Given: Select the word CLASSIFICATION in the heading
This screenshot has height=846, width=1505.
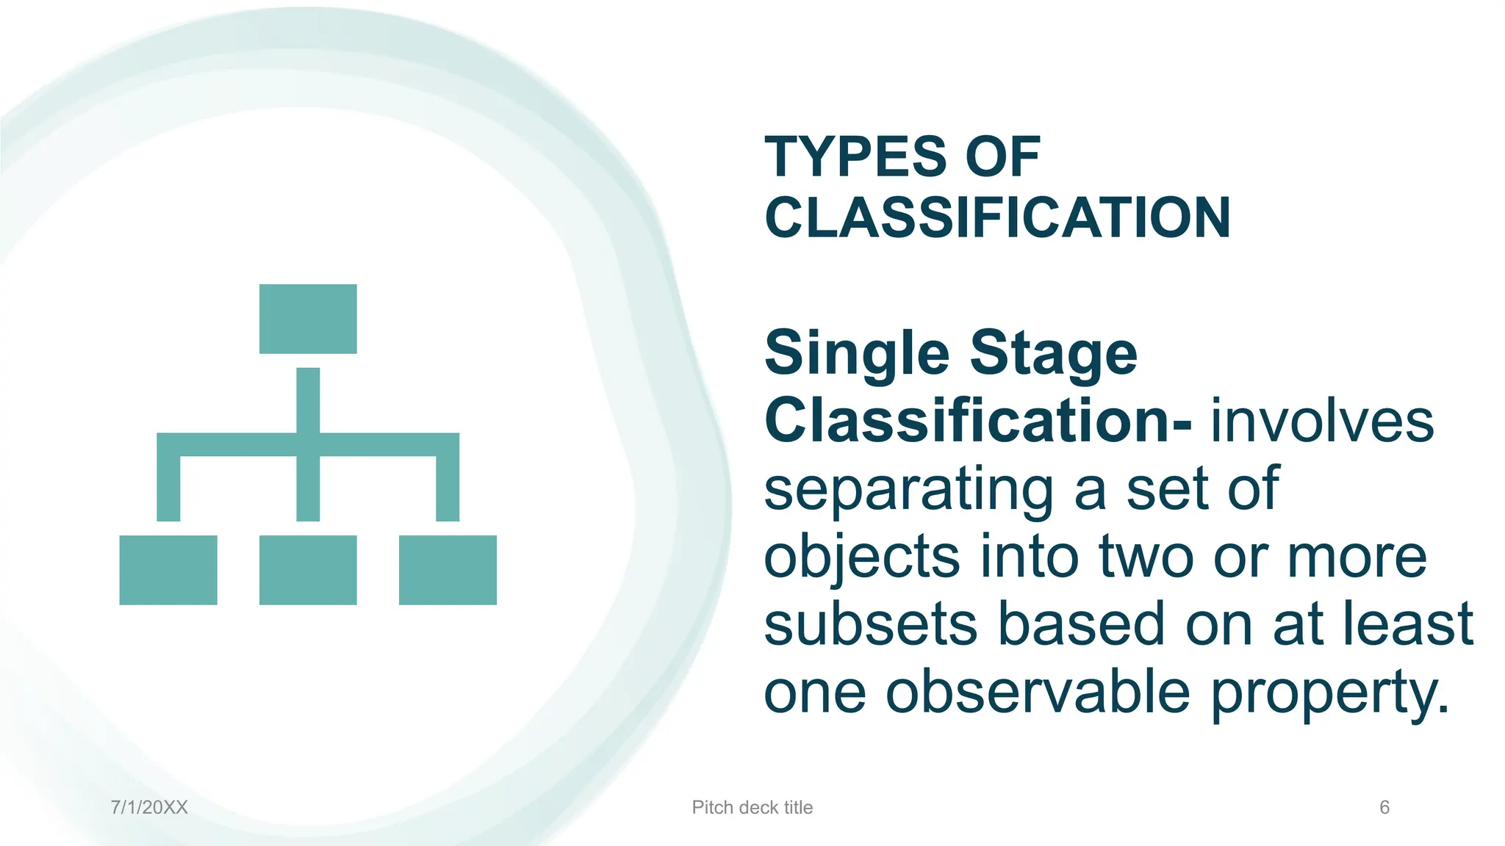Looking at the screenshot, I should tap(997, 218).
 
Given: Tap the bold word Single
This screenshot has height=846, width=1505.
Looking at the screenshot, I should tap(857, 354).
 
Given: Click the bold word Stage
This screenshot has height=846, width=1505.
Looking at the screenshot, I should tap(1054, 354).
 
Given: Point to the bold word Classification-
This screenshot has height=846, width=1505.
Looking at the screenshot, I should tap(977, 421).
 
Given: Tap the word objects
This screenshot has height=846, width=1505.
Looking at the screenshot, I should tap(861, 557).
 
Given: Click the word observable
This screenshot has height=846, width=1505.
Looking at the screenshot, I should tap(1037, 692).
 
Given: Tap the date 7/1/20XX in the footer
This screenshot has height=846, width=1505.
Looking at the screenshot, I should tap(149, 807).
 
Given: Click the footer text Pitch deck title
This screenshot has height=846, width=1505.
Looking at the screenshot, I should tap(752, 807).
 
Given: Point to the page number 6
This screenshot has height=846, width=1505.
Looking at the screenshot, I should tap(1384, 807).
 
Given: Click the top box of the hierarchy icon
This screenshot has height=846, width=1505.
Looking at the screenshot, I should tap(308, 319).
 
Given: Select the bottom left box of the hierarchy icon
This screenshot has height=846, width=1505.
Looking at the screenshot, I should tap(168, 570).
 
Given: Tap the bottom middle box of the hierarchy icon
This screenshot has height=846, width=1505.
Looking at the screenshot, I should tap(308, 570).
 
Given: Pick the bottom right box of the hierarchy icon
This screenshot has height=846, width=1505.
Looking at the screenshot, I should tap(448, 570).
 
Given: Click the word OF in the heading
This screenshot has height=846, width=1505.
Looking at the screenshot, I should tap(1002, 157).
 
